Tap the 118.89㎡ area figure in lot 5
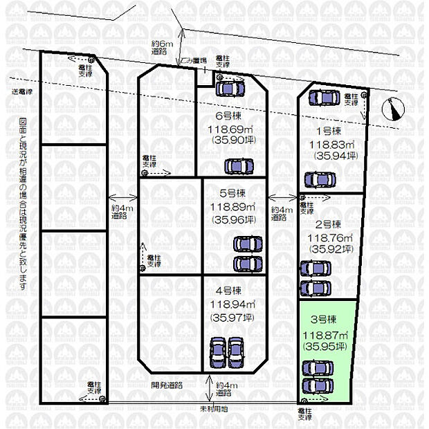point(232,207)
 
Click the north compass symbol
point(394,109)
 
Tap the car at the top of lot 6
point(230,88)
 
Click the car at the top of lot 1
point(323,98)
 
